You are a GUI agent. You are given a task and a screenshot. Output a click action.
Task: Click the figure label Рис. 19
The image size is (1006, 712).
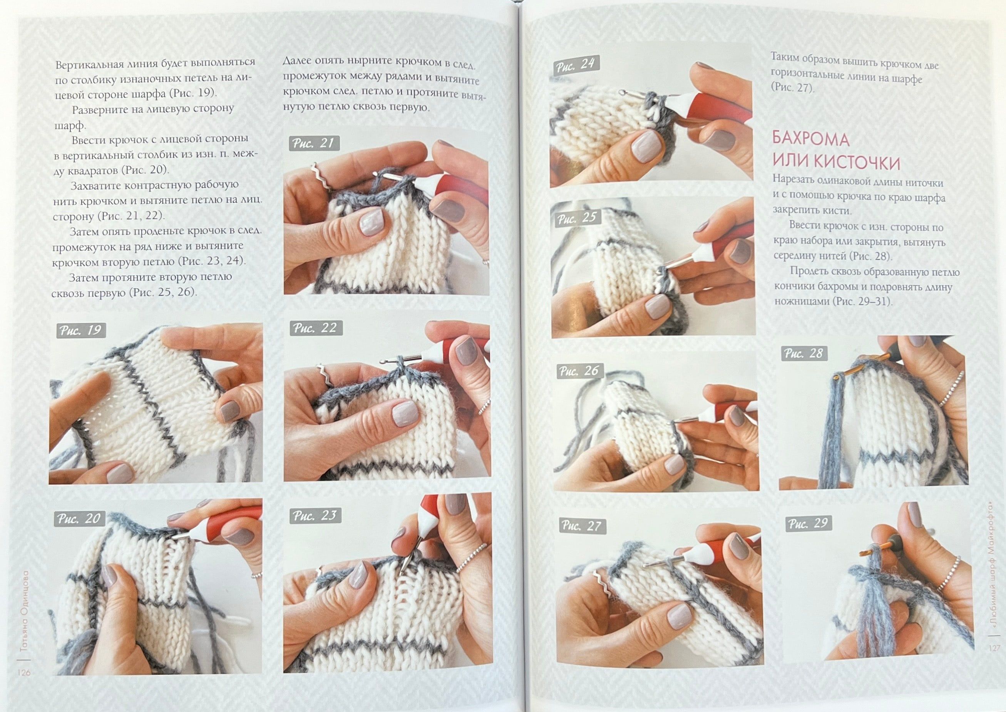(x=81, y=330)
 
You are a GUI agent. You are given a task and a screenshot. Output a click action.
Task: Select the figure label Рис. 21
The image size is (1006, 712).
(x=314, y=143)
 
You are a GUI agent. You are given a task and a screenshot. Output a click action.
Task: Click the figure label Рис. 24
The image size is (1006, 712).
(x=575, y=65)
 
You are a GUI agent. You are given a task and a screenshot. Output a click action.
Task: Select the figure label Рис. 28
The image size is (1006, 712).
(x=804, y=353)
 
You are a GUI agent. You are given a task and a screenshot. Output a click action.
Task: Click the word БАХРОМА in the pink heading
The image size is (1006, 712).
(x=811, y=139)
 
